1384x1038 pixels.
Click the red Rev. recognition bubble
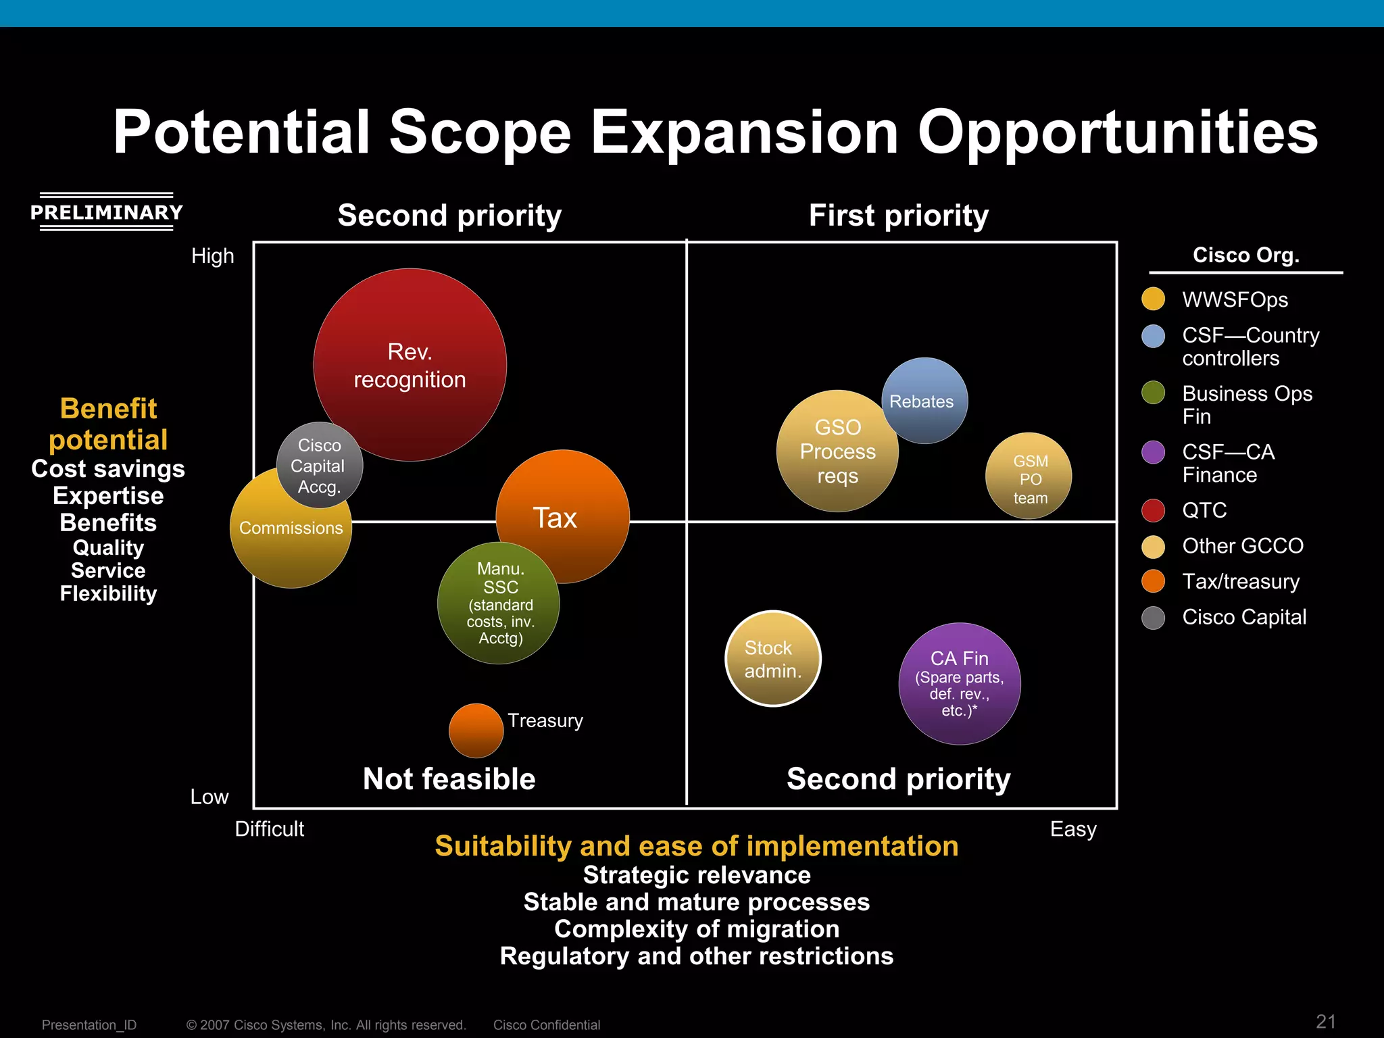410,365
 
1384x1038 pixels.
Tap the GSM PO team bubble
1029,476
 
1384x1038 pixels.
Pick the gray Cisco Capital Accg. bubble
319,465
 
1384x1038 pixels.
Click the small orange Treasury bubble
476,731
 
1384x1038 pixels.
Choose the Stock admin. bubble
772,659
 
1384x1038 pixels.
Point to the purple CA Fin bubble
959,684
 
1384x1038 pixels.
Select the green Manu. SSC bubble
498,603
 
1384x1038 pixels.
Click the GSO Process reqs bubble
837,451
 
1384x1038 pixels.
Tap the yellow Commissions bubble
291,541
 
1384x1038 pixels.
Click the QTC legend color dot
1153,510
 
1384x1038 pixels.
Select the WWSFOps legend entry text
1235,299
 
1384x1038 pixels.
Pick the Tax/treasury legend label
1241,581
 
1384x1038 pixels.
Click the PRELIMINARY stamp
107,212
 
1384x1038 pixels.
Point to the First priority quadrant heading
898,216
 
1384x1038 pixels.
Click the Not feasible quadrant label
449,778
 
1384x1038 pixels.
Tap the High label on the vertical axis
212,256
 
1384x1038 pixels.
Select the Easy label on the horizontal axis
1072,829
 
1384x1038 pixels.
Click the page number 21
1325,1021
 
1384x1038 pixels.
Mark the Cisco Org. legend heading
1245,255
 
